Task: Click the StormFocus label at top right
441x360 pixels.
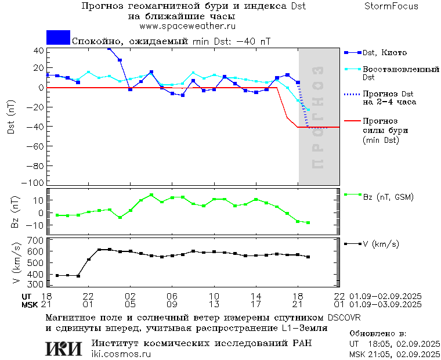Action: pos(391,6)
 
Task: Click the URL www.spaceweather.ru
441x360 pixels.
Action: pos(187,26)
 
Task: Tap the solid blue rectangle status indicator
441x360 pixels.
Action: pos(58,38)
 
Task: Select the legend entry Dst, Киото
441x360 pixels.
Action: pos(384,53)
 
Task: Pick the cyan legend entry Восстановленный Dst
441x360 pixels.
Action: pos(400,73)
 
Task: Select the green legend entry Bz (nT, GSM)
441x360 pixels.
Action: pos(388,197)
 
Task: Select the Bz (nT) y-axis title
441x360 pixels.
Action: pos(16,212)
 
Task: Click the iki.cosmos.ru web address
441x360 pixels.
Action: pos(121,354)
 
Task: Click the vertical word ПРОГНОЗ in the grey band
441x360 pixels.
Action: pos(317,117)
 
